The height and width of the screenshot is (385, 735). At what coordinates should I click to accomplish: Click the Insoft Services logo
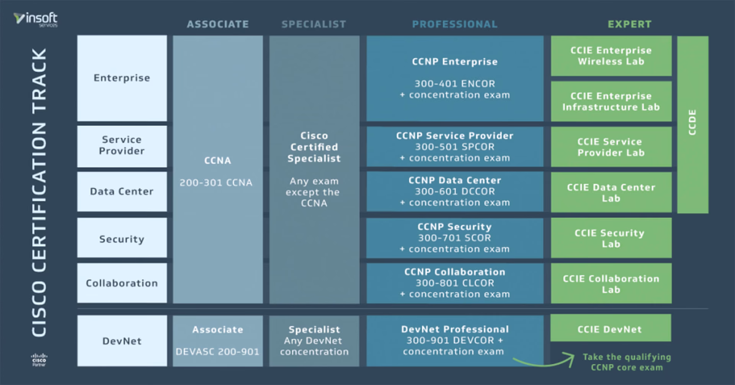(x=36, y=19)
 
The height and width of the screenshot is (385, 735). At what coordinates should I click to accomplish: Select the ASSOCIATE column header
(x=218, y=24)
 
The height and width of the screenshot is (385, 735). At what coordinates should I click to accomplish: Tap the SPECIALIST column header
(x=314, y=24)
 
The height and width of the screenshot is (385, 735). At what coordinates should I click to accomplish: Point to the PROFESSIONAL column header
(x=455, y=24)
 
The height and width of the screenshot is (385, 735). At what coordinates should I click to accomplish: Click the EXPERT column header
(x=629, y=24)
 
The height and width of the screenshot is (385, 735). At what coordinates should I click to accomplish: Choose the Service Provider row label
(x=122, y=145)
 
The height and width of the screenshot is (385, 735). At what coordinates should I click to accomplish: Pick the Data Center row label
(x=122, y=191)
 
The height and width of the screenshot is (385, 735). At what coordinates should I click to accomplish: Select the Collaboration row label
(x=122, y=283)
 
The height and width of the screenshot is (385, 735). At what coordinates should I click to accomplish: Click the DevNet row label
(x=122, y=341)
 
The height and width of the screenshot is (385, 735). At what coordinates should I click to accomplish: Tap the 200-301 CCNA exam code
(x=216, y=183)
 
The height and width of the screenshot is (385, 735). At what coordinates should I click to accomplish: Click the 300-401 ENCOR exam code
(x=455, y=84)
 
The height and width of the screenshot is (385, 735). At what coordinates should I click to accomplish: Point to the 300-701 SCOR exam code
(x=454, y=238)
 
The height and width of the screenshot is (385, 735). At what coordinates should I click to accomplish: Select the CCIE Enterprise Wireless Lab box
(x=611, y=56)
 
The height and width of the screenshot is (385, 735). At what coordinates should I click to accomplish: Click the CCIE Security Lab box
(x=611, y=238)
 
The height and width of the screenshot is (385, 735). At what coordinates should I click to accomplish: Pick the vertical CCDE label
(x=692, y=123)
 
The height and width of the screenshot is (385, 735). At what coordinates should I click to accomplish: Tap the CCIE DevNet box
(x=610, y=329)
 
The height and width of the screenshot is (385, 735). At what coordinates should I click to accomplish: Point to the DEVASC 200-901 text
(x=217, y=352)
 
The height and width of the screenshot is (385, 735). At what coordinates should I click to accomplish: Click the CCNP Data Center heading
(x=455, y=180)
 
